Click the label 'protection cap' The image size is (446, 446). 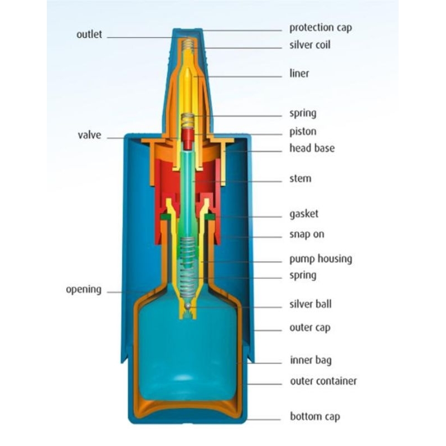[x=320, y=28]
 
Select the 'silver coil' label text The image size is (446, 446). [x=309, y=45]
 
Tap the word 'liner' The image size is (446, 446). [x=299, y=74]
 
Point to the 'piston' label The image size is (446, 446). [x=303, y=132]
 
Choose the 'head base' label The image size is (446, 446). [x=312, y=148]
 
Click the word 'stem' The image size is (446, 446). [x=300, y=179]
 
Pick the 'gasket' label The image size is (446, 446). [x=304, y=214]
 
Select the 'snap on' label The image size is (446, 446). [x=307, y=234]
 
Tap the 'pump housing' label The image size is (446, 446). [x=321, y=259]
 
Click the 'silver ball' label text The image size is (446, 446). [x=310, y=304]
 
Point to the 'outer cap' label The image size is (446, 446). [x=309, y=328]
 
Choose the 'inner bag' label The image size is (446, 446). [x=310, y=360]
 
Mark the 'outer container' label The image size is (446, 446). [x=323, y=381]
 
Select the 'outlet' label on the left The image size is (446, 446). [x=89, y=35]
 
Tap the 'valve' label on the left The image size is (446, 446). [x=89, y=135]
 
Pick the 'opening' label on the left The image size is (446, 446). [x=84, y=290]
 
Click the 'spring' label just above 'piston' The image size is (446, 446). [x=303, y=113]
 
